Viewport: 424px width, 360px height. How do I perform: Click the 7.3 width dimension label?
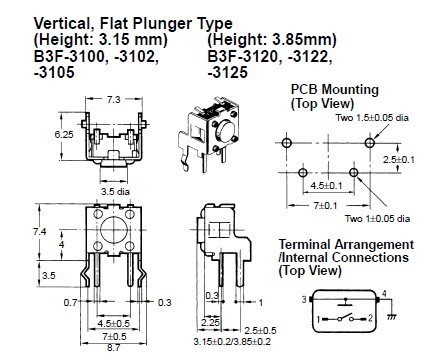113,99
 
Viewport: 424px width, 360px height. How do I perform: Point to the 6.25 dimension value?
64,135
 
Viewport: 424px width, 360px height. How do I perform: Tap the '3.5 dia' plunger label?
115,192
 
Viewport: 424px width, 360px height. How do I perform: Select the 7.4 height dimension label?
40,231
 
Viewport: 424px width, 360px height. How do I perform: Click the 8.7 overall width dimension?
113,348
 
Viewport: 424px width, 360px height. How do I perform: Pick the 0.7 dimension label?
70,303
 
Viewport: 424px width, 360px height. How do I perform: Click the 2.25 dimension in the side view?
210,322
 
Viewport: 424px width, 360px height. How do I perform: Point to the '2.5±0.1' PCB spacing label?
398,160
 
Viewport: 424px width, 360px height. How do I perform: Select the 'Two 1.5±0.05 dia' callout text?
372,118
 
